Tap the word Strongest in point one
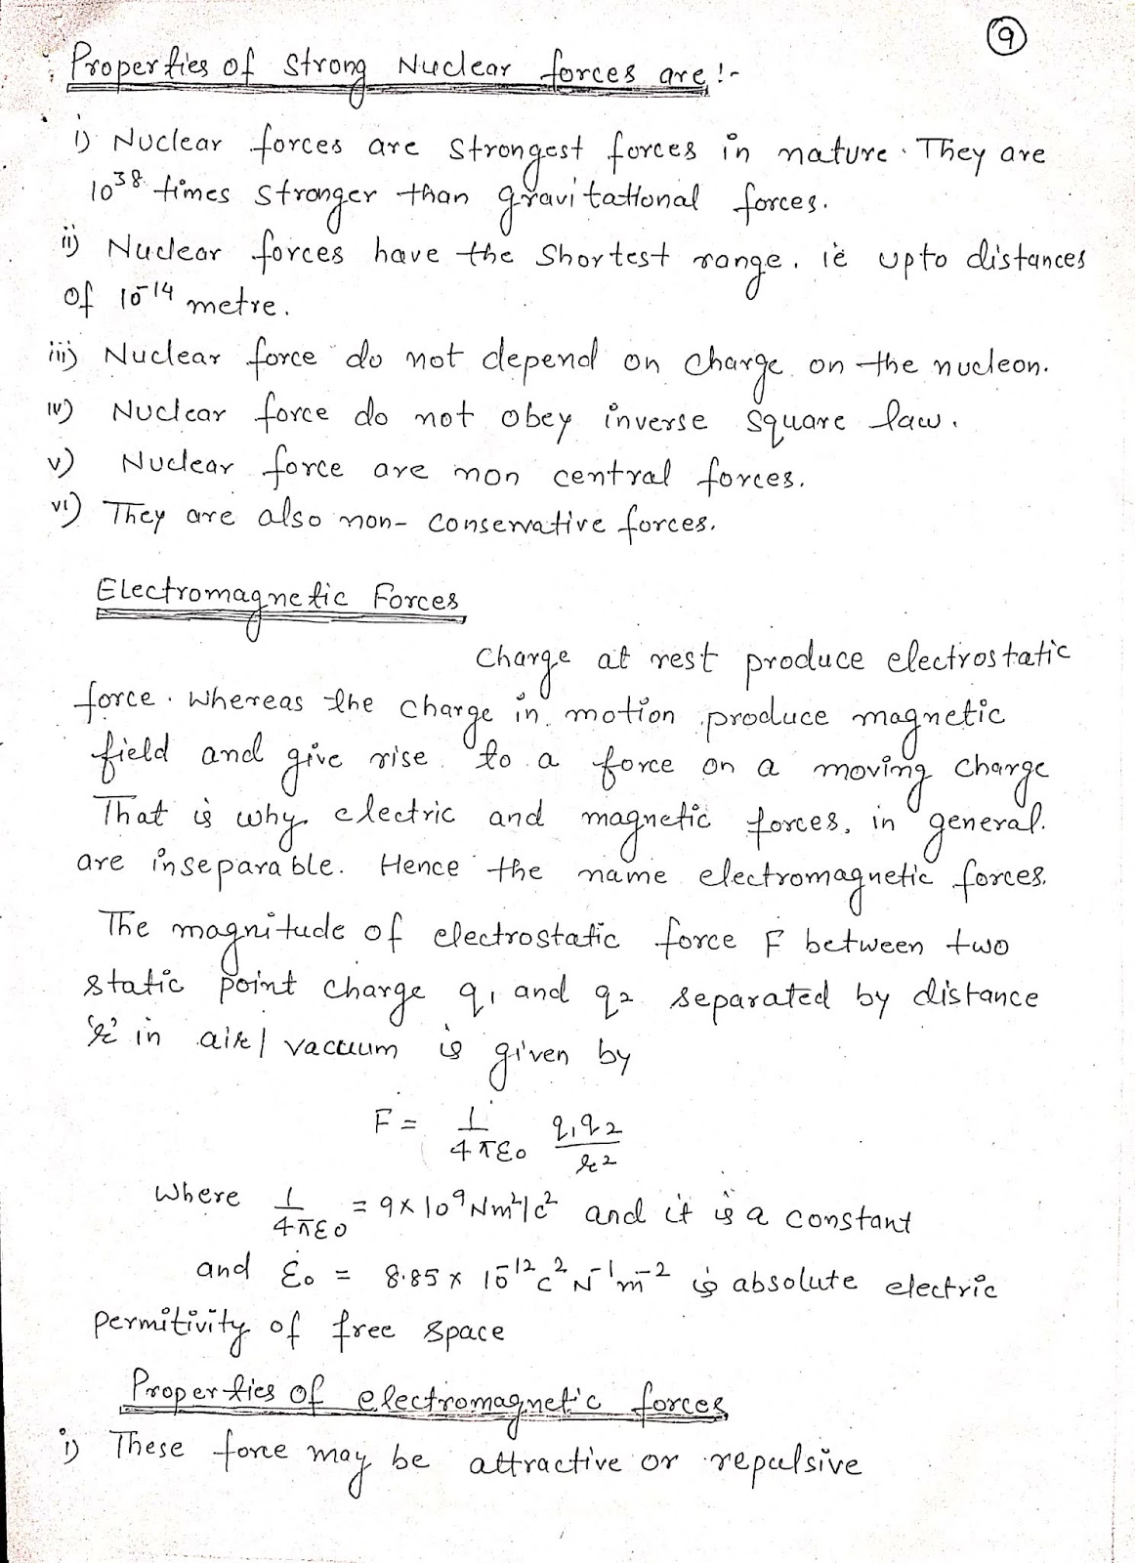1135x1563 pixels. coord(516,152)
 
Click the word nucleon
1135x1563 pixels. coord(990,365)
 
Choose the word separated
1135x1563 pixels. coord(747,998)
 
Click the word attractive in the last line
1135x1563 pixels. coord(545,1463)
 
